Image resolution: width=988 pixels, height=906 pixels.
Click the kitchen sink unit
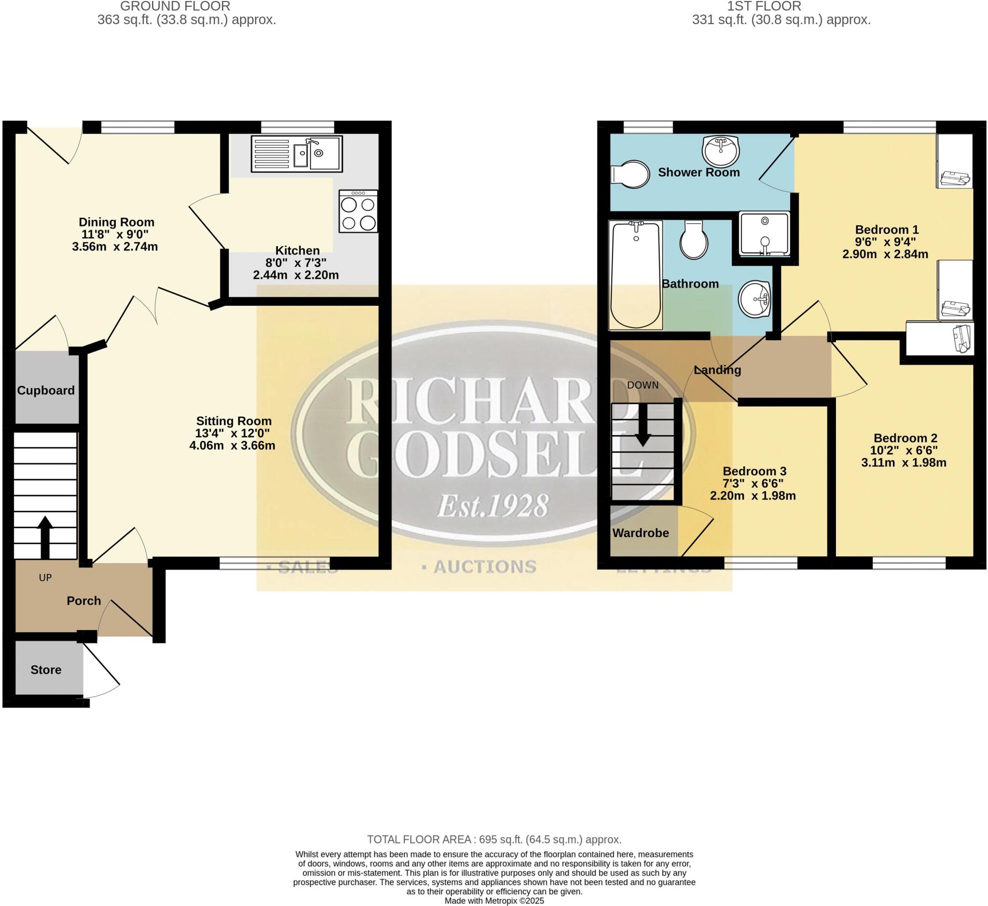tap(297, 154)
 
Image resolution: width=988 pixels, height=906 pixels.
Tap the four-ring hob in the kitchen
tap(358, 212)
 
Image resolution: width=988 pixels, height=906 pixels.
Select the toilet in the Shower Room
tap(630, 174)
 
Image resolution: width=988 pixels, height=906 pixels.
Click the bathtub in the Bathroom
tap(635, 275)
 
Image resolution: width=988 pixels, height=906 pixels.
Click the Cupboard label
tap(46, 390)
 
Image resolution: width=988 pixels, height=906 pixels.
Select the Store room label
tap(46, 669)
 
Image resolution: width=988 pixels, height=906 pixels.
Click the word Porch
tap(84, 600)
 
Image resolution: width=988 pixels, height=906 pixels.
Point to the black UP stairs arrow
tap(45, 537)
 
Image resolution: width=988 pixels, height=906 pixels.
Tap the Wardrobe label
tap(640, 533)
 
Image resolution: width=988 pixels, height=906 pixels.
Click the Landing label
tap(717, 370)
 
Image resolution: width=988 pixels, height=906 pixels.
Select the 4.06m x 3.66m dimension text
tap(232, 446)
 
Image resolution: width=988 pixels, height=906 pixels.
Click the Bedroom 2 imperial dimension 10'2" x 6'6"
tap(904, 450)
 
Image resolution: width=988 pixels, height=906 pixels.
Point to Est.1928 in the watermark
tap(492, 507)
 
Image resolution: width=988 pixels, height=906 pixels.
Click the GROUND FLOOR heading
tap(175, 6)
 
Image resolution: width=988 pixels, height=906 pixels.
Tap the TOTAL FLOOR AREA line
tap(494, 839)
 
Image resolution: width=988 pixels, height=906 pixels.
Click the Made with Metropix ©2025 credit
tap(494, 901)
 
